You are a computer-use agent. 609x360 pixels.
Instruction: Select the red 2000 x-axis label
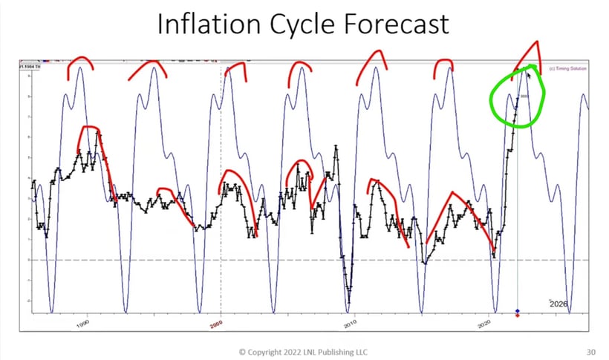tap(216, 324)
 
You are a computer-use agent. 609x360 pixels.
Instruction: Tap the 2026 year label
tap(558, 304)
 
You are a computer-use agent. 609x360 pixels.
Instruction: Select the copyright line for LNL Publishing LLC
tap(302, 351)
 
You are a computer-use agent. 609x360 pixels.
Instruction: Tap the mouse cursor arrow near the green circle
tap(528, 73)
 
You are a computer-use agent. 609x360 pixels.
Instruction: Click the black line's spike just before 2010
tap(336, 148)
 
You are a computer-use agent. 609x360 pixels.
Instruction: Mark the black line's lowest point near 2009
tap(348, 300)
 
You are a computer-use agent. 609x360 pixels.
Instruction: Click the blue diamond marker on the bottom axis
tap(517, 310)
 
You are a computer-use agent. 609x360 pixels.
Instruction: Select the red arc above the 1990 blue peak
tap(80, 62)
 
